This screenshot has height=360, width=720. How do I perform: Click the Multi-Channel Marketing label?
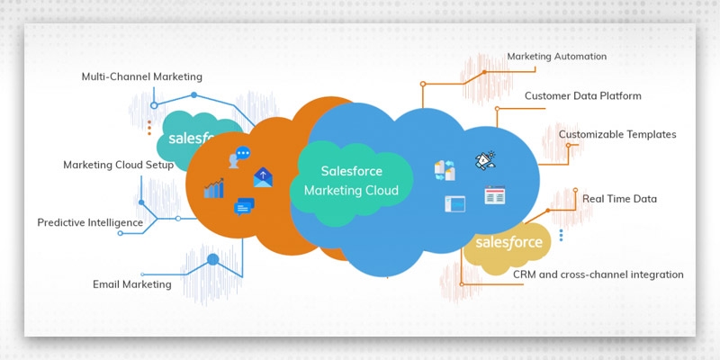[x=141, y=76]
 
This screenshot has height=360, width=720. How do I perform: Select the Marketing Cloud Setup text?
[x=118, y=165]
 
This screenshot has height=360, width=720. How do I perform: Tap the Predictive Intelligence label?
[x=90, y=222]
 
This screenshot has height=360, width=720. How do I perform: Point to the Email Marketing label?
[x=131, y=284]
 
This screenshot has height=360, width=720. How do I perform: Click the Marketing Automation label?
[x=556, y=56]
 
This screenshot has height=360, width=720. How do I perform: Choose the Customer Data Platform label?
[x=583, y=95]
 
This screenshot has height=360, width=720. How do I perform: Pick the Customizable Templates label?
[x=616, y=134]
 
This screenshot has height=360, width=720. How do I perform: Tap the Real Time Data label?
[x=619, y=199]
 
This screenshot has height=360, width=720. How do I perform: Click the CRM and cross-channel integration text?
[x=598, y=274]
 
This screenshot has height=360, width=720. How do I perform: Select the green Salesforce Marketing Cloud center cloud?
[x=355, y=180]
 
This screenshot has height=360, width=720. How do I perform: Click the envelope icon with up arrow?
[x=262, y=176]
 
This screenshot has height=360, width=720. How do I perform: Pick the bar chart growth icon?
[x=214, y=188]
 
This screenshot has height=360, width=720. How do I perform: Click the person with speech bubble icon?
[x=239, y=157]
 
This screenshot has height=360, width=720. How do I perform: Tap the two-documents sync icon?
[x=445, y=169]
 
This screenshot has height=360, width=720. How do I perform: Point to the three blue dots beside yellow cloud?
[x=561, y=235]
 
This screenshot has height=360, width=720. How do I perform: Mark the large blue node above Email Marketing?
[x=212, y=260]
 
